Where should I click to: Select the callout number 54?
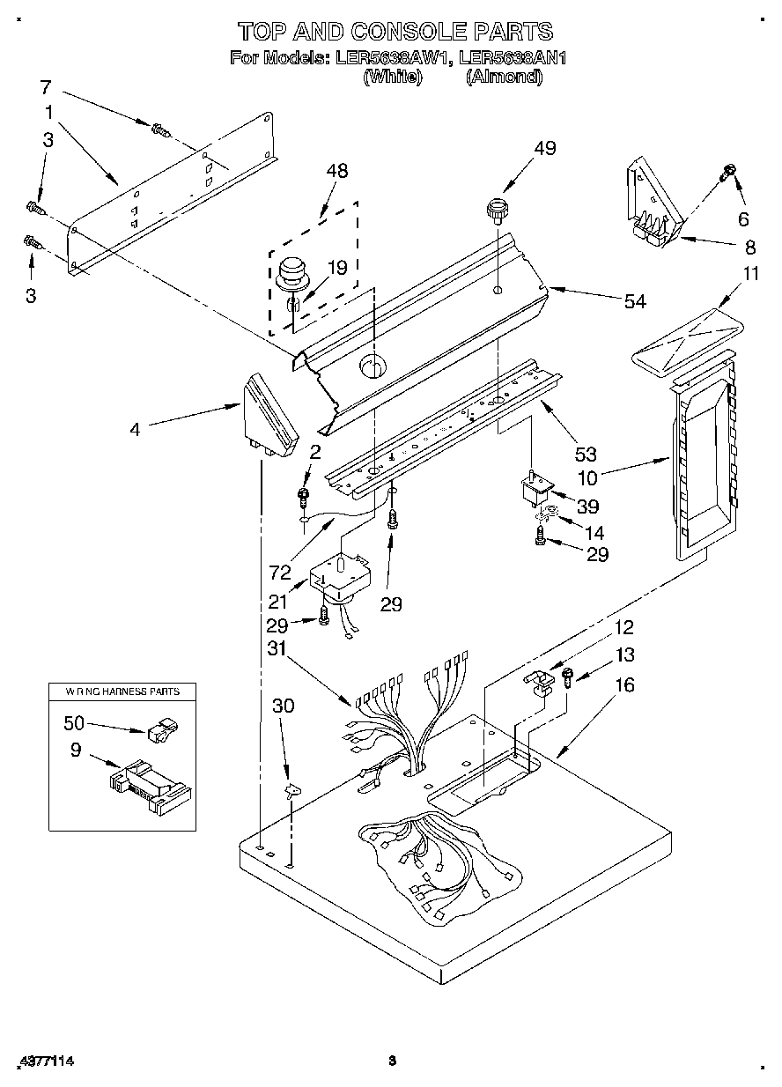coord(634,302)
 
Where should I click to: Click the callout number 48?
coord(337,172)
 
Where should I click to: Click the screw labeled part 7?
coord(159,129)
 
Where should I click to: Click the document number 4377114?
coord(45,1061)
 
